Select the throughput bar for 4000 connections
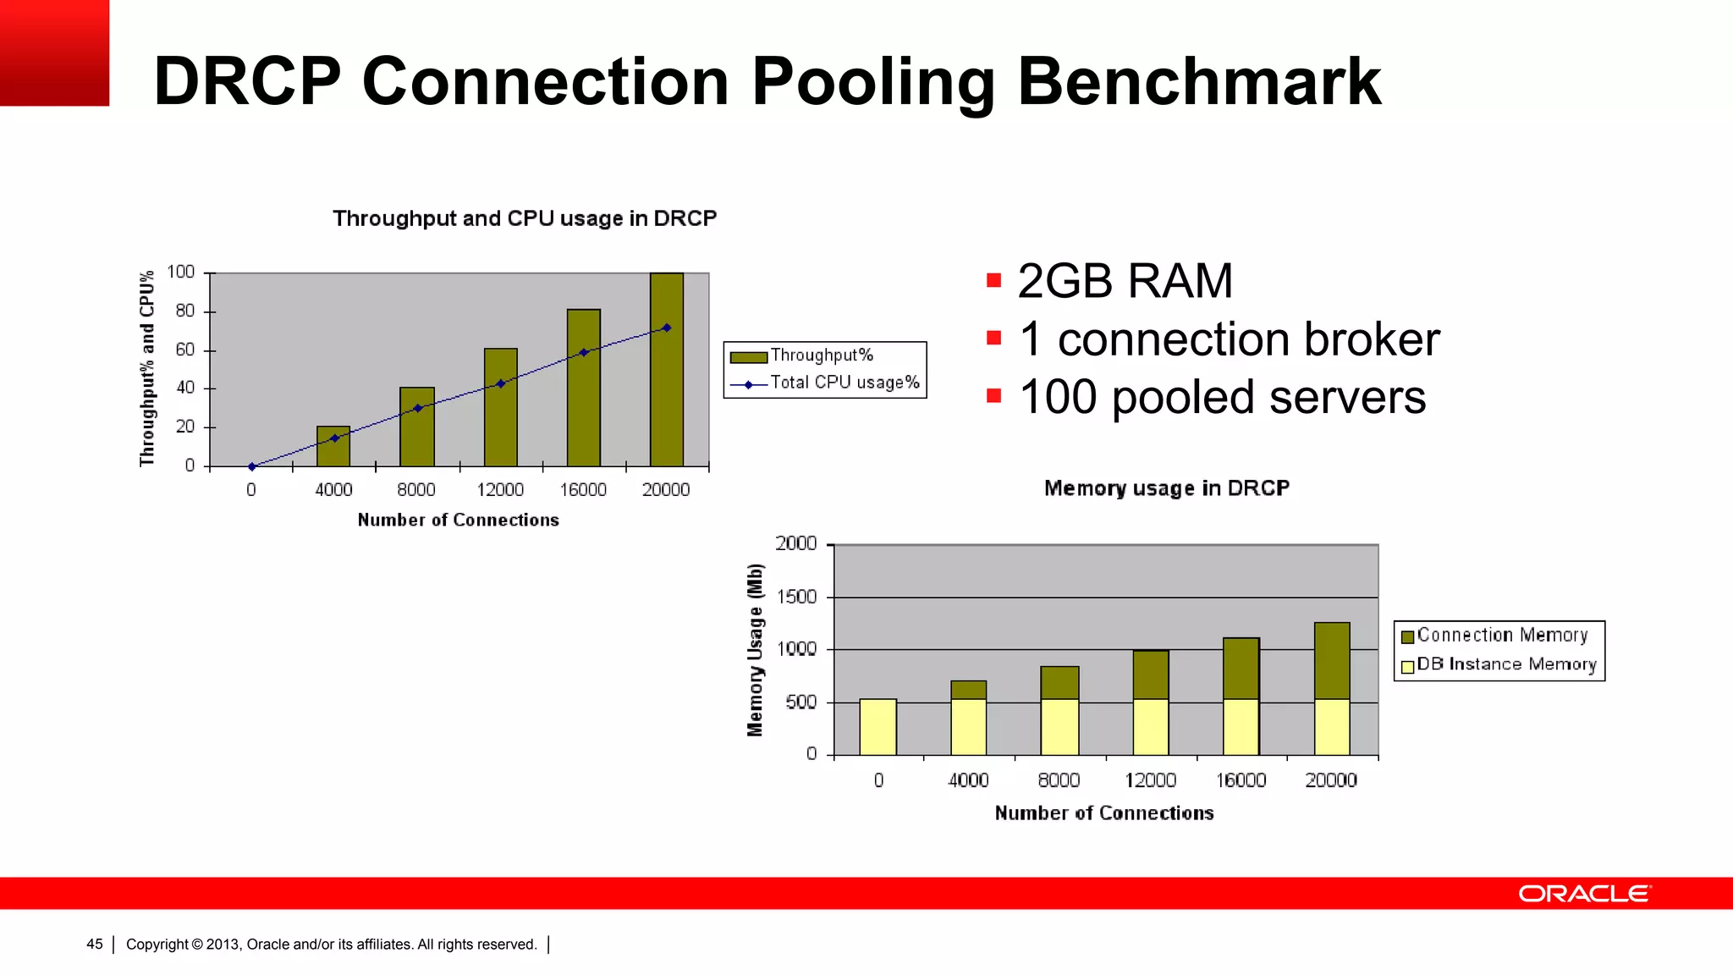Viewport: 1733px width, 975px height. (333, 446)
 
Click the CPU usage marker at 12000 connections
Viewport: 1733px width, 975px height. (501, 383)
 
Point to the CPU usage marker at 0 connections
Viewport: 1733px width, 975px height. (251, 466)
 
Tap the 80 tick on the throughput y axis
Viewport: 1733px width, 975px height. (185, 311)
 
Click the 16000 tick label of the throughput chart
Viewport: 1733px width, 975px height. (583, 490)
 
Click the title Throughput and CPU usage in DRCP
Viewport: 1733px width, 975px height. (524, 218)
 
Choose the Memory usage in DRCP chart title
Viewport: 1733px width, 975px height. (1166, 488)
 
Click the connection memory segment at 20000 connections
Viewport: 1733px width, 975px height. (1332, 660)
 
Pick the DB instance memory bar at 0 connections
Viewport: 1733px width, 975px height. (878, 727)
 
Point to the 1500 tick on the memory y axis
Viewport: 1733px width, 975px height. (796, 597)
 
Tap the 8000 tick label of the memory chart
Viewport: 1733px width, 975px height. (1059, 780)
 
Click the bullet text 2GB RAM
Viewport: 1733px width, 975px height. (1125, 281)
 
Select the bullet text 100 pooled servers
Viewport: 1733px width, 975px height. (1222, 397)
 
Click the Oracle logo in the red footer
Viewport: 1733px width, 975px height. (1584, 894)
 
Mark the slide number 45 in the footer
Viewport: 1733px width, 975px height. (95, 945)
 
